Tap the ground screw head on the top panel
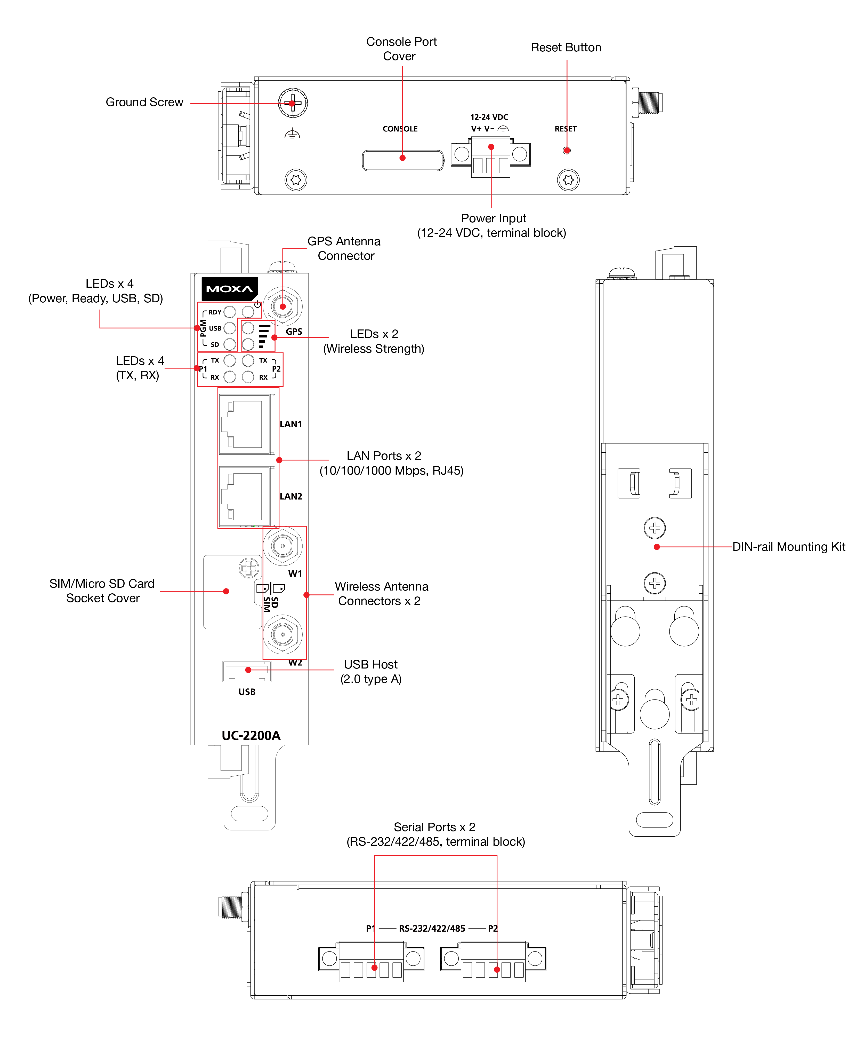(293, 103)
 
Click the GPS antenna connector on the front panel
(283, 306)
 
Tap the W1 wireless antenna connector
(283, 546)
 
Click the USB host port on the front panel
(247, 670)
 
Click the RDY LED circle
(229, 312)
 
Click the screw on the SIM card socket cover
(249, 568)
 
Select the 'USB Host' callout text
(371, 664)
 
